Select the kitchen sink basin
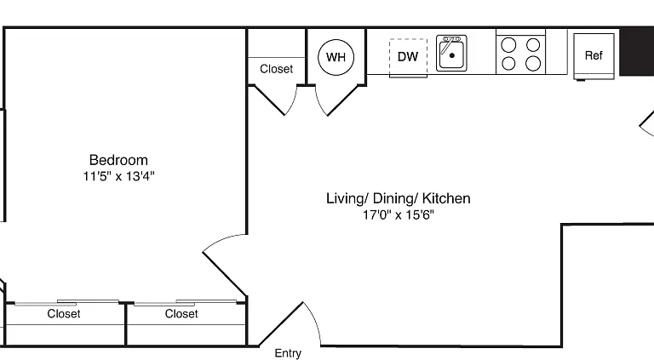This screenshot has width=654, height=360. [x=451, y=54]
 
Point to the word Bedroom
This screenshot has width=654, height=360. [x=118, y=160]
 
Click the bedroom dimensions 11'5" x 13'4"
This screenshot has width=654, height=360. [x=118, y=176]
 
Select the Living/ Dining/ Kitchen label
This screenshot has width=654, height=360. [x=398, y=198]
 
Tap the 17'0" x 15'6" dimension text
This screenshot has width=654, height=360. [x=398, y=215]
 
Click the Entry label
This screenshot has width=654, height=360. [x=288, y=353]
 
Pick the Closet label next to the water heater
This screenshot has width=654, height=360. [x=276, y=69]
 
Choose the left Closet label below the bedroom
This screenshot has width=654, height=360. [x=63, y=313]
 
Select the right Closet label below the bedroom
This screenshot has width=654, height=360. [x=181, y=313]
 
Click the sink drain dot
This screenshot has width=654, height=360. [x=451, y=55]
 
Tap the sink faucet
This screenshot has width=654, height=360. [x=450, y=43]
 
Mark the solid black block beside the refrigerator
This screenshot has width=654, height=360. [x=637, y=51]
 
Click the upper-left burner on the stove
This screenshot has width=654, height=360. [x=508, y=44]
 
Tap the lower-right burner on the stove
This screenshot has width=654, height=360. [x=533, y=64]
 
